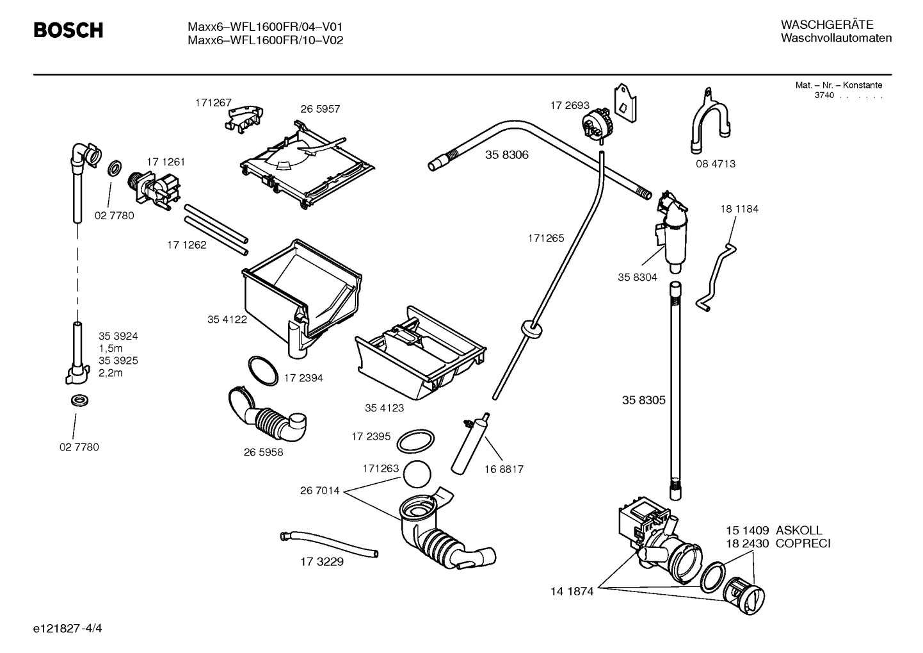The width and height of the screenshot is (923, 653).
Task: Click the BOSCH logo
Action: pos(68,30)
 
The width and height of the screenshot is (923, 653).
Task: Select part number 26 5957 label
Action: pos(320,109)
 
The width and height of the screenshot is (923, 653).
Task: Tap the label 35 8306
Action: pos(506,155)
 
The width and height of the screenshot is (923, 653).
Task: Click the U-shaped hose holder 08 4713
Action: pos(709,125)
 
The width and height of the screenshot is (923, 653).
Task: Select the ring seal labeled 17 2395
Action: pos(415,442)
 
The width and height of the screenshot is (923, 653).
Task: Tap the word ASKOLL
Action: pos(799,531)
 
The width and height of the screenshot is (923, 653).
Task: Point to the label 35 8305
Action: pos(643,400)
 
